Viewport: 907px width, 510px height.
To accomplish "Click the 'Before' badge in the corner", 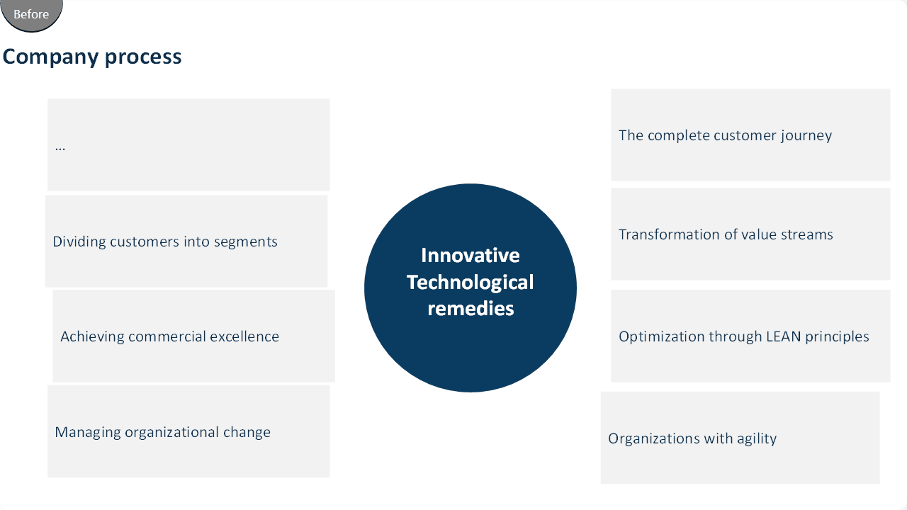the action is [31, 15].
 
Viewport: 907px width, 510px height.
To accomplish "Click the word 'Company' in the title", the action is [50, 57].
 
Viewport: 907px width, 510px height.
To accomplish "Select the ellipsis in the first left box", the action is [60, 149].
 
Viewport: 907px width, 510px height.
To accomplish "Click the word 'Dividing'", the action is [79, 242].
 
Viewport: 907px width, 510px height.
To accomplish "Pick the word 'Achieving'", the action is [92, 336].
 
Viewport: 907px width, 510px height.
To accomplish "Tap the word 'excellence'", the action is [244, 336].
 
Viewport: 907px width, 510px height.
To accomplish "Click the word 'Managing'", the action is [87, 432].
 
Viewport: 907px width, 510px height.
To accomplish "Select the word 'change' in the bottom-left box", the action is [247, 432].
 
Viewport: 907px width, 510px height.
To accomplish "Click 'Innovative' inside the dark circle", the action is [471, 256].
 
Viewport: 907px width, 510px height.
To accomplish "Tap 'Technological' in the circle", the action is [470, 283].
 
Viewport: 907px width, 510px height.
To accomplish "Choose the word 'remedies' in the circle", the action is [471, 308].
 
